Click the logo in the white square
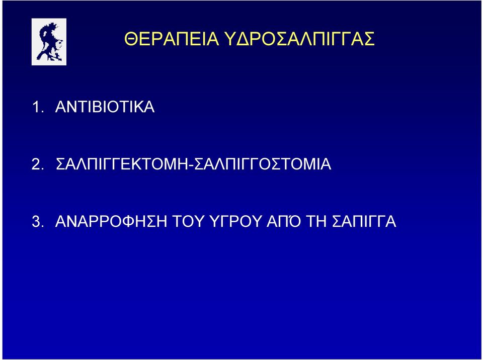tap(49, 42)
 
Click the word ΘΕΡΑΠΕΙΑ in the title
tap(172, 39)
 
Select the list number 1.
tap(38, 107)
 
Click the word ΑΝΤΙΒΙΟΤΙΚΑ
tap(105, 107)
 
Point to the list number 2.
tap(38, 164)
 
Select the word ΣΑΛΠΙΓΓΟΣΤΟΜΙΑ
tap(263, 164)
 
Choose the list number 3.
tap(38, 221)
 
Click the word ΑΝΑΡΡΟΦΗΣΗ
tap(111, 221)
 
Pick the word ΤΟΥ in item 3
tap(188, 221)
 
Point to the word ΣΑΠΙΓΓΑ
tap(364, 221)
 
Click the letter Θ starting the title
tap(131, 39)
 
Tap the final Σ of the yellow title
tap(368, 39)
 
